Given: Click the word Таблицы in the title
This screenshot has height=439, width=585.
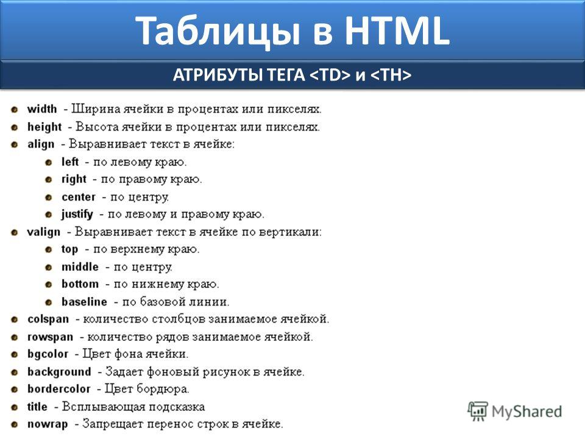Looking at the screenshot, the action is (218, 32).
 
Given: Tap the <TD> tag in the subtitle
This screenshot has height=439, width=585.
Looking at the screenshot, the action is (330, 75).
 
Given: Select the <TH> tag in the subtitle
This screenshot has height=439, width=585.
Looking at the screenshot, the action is (391, 75).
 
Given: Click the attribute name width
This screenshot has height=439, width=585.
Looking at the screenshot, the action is (42, 109).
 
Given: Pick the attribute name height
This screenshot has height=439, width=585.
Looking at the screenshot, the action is (44, 127).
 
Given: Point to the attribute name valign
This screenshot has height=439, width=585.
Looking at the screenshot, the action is (44, 232).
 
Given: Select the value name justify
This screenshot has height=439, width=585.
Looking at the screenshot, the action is (77, 215).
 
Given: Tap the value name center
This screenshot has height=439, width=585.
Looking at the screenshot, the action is (79, 197).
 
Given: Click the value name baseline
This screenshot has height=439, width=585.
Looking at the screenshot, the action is (84, 302).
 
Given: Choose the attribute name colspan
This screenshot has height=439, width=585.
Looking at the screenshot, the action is (48, 319).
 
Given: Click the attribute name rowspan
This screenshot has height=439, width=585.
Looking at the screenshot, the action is (51, 337).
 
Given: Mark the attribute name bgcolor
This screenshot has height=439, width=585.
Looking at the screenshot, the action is (48, 354).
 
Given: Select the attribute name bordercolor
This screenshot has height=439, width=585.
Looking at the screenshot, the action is (59, 389).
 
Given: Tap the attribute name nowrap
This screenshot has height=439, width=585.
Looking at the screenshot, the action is (48, 424).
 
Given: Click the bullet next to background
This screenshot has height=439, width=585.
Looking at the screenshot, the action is (15, 373).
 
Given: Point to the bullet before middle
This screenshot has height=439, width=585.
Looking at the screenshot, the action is (49, 268).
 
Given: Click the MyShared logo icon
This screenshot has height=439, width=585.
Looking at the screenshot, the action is (478, 412).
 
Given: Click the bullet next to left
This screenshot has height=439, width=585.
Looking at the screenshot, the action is (49, 163).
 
